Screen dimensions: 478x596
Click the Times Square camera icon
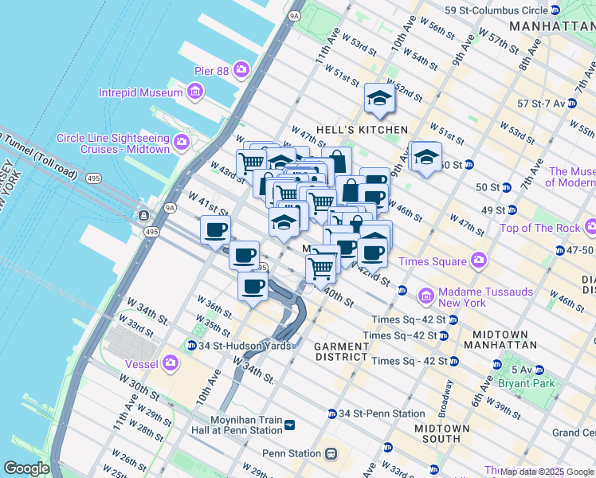[x=478, y=260]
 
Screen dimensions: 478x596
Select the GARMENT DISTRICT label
[x=340, y=352]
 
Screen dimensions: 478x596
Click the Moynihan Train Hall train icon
[x=289, y=425]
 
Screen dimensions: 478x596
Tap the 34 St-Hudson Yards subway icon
[x=191, y=346]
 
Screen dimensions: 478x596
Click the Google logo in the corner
[x=26, y=468]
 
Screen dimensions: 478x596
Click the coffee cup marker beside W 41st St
[x=215, y=230]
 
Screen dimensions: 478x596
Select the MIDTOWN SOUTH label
[x=442, y=433]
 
